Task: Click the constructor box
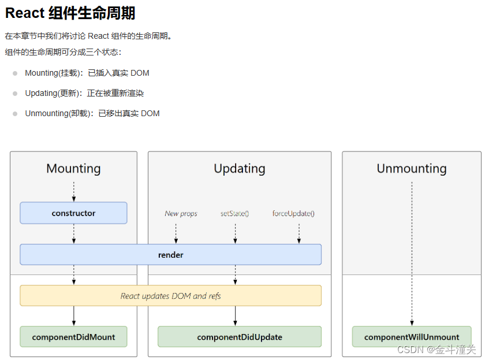[73, 213]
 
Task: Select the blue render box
[170, 254]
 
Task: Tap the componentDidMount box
[73, 336]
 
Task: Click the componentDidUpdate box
[239, 336]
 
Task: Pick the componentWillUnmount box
[412, 337]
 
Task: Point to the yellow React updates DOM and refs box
[170, 295]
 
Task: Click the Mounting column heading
[73, 168]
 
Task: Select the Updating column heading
[239, 168]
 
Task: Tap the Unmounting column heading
[412, 168]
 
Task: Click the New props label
[181, 213]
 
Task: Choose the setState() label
[234, 213]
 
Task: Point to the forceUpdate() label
[293, 213]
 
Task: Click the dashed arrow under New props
[176, 233]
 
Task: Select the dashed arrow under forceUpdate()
[299, 233]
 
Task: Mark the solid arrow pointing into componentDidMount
[74, 316]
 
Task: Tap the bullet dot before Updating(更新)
[15, 94]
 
